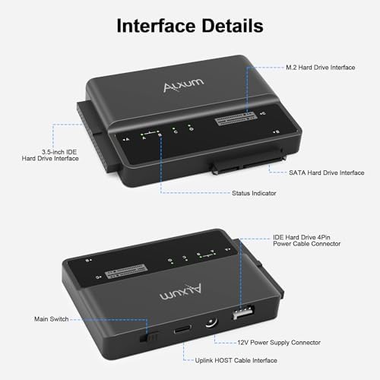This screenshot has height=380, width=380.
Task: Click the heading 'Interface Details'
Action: pyautogui.click(x=190, y=26)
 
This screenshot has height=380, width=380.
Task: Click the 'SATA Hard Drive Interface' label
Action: pyautogui.click(x=327, y=173)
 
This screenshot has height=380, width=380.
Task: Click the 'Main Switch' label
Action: pyautogui.click(x=53, y=318)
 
